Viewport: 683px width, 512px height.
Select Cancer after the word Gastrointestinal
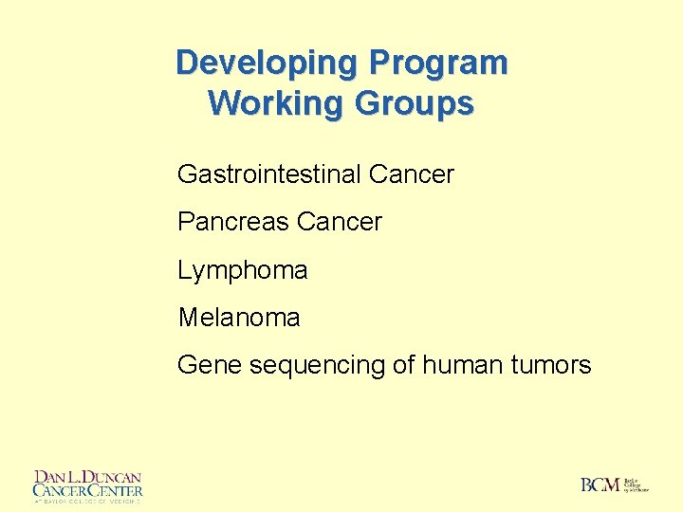coord(412,174)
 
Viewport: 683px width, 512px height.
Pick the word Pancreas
coord(232,222)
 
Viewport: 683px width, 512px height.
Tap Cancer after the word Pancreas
coord(339,222)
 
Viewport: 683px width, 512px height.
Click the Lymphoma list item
coord(243,270)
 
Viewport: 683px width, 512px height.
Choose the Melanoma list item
coord(239,318)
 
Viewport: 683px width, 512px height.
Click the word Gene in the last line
coord(209,365)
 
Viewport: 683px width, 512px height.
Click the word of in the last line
coord(405,365)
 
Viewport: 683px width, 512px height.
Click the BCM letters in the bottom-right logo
coord(600,485)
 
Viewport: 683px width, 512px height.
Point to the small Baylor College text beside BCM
coord(636,485)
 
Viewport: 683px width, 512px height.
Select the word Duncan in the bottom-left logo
coord(108,477)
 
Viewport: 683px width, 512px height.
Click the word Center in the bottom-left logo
coord(113,490)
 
